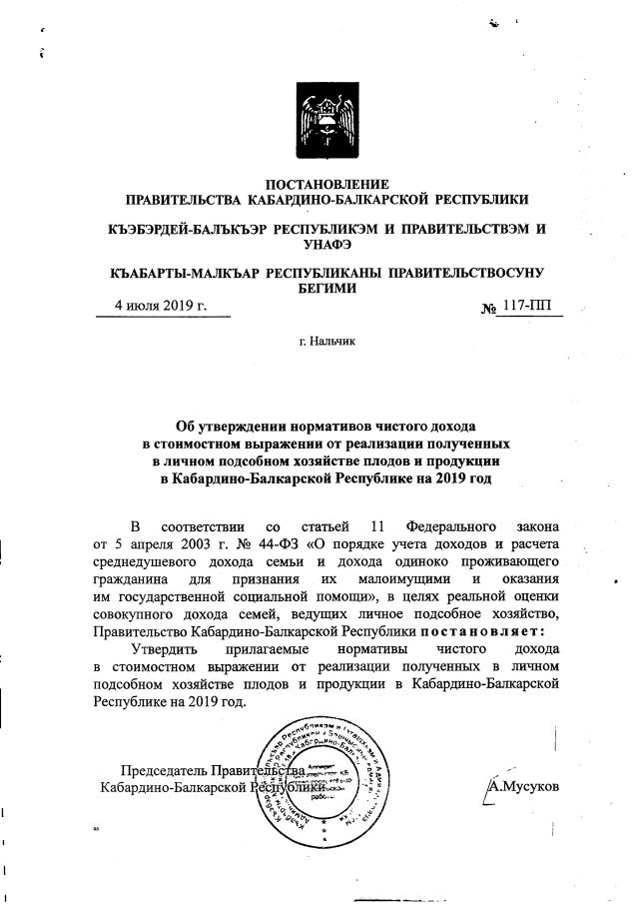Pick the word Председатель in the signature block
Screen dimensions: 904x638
(x=162, y=770)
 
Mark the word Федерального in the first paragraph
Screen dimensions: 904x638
(x=452, y=525)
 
